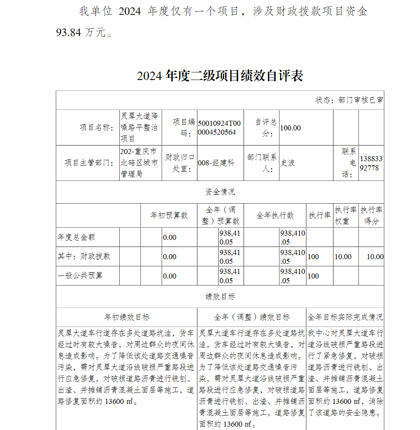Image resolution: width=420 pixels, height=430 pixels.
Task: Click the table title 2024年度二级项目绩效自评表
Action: (220, 76)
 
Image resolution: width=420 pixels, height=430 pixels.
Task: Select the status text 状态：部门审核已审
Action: (349, 101)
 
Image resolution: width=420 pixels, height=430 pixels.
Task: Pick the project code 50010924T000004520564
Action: (219, 127)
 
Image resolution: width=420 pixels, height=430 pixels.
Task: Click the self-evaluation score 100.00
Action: (291, 128)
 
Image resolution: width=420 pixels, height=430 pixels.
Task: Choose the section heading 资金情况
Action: (220, 192)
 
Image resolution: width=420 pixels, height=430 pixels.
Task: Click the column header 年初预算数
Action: (169, 215)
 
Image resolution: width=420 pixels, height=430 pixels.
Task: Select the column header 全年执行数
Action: (275, 215)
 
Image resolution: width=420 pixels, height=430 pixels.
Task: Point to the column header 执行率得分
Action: (371, 215)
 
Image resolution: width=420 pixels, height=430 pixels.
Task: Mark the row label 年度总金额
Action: (76, 237)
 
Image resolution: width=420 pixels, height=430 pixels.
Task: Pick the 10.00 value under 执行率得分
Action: (375, 257)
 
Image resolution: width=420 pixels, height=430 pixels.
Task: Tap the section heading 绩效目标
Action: (220, 297)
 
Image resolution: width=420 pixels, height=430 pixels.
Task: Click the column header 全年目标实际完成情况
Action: (345, 317)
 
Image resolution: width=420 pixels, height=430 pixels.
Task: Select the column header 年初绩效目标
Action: (127, 317)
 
